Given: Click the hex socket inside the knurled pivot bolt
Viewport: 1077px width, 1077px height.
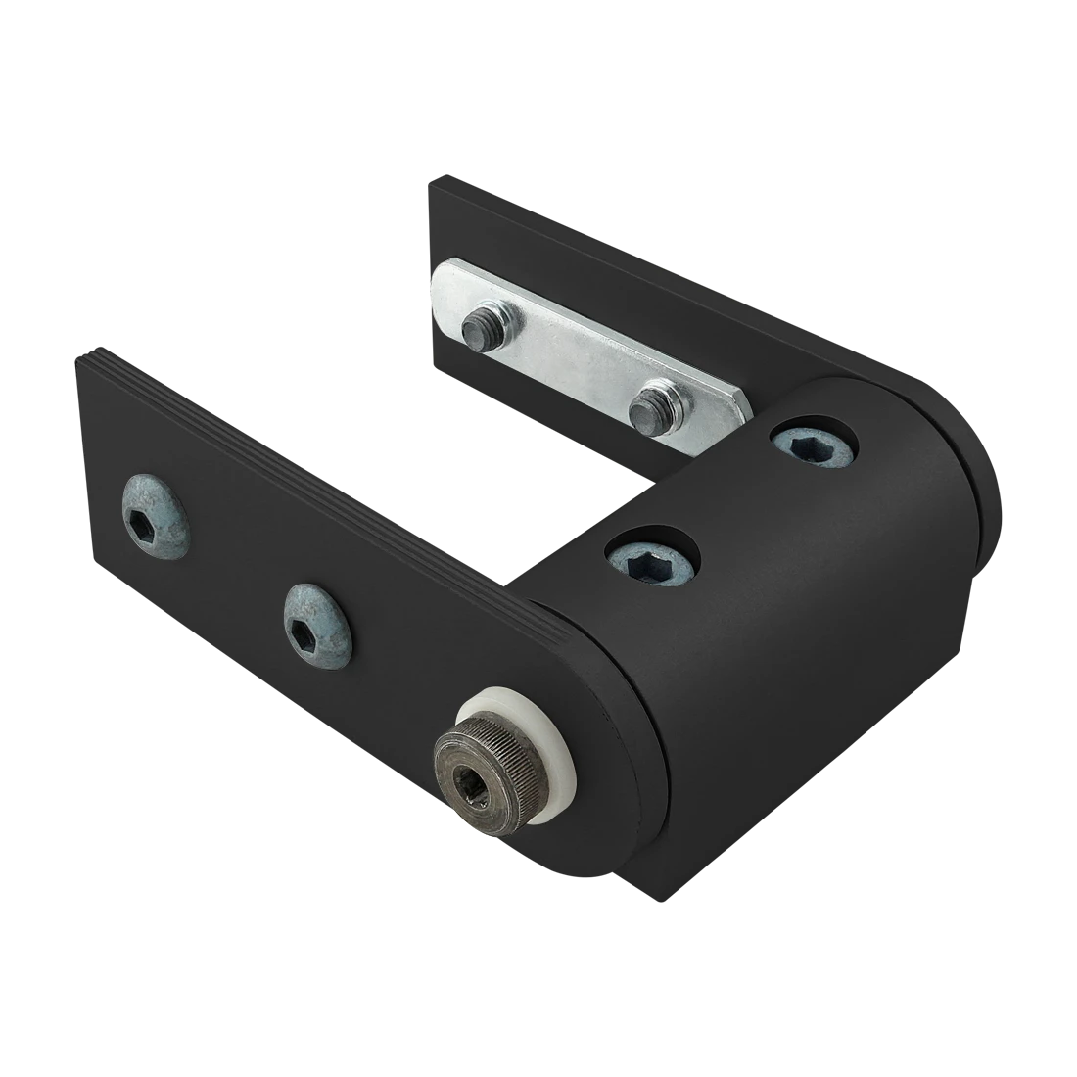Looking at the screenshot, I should (476, 779).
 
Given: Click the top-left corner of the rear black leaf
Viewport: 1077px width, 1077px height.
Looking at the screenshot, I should (432, 181).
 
